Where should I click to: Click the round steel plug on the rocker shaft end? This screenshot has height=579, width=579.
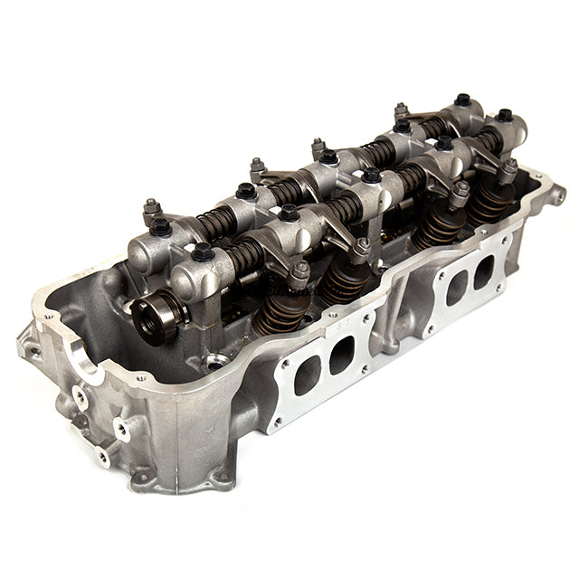click(147, 317)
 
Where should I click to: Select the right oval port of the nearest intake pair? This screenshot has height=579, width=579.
click(341, 353)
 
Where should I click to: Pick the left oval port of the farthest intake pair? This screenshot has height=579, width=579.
click(456, 287)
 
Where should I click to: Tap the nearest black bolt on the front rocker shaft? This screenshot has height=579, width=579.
click(203, 252)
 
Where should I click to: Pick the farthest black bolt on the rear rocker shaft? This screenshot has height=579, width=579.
click(463, 100)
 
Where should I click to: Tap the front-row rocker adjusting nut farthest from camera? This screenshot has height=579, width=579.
click(509, 166)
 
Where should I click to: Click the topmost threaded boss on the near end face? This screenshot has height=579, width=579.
click(81, 395)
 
